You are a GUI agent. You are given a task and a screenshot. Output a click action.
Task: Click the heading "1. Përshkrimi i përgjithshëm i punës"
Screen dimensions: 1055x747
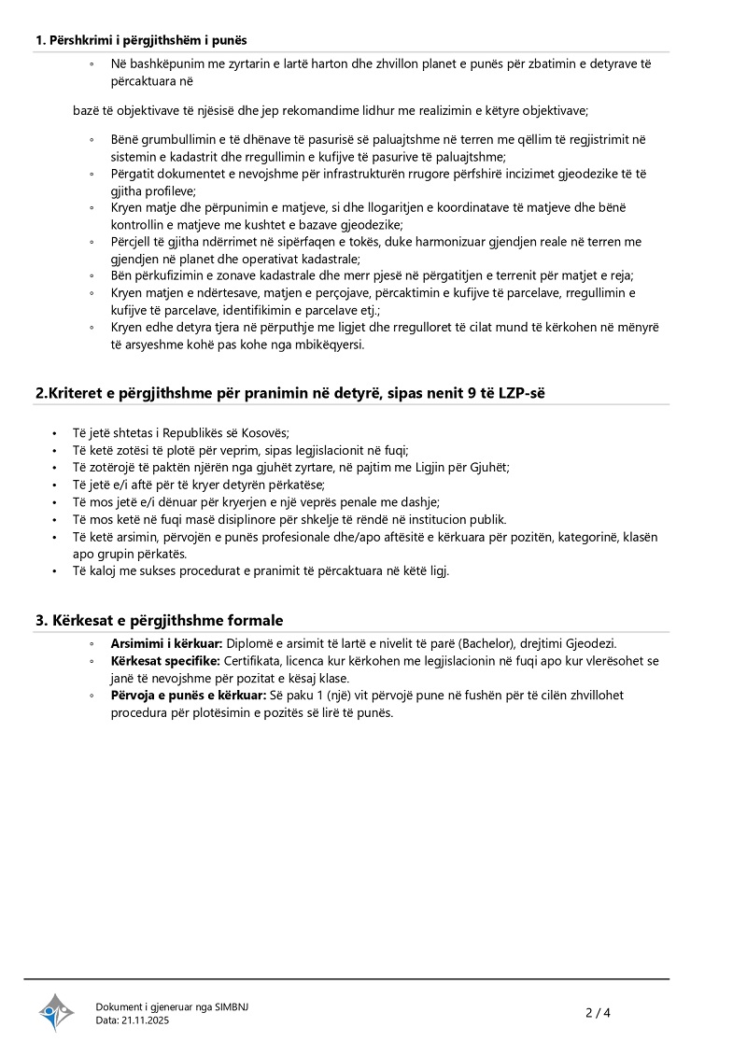pyautogui.click(x=141, y=40)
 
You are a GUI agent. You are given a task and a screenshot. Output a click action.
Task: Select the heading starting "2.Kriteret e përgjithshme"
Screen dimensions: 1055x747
pyautogui.click(x=289, y=393)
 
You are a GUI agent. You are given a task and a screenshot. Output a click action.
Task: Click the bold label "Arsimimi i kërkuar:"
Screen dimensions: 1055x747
pyautogui.click(x=166, y=644)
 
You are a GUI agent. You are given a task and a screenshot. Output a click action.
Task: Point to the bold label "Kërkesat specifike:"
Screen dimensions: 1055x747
pyautogui.click(x=165, y=661)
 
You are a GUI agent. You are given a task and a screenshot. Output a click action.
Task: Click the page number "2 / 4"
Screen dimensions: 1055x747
pyautogui.click(x=598, y=1012)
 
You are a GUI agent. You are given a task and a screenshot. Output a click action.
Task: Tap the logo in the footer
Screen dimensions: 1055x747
pyautogui.click(x=56, y=1012)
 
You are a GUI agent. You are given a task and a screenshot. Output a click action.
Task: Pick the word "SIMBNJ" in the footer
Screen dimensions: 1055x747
pyautogui.click(x=232, y=1006)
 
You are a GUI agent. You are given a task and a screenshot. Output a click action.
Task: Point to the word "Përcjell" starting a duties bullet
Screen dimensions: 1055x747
pyautogui.click(x=133, y=242)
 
